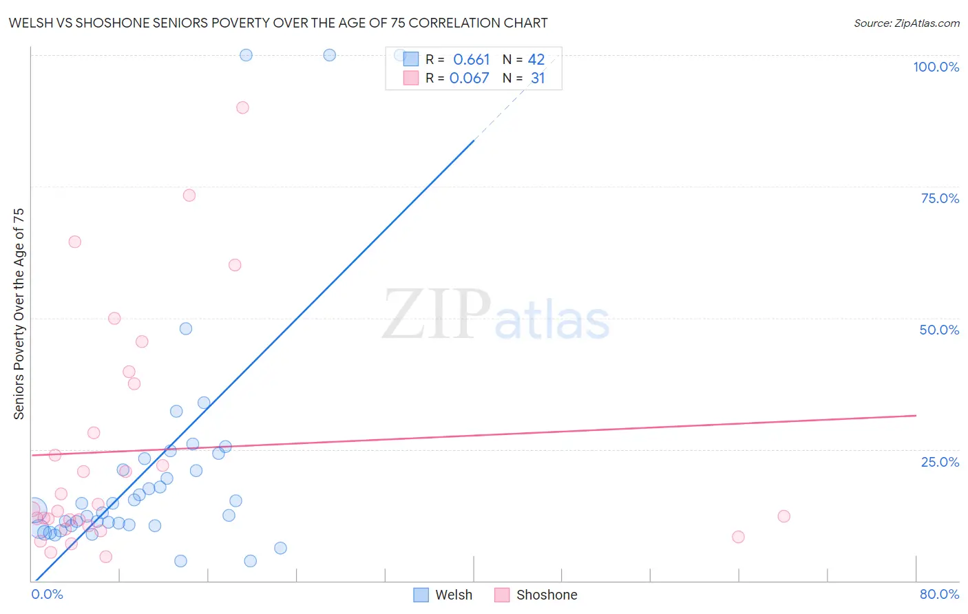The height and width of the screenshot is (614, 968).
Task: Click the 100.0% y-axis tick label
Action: [936, 67]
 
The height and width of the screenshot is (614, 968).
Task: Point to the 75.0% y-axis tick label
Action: [940, 198]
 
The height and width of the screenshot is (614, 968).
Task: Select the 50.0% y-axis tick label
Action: [939, 330]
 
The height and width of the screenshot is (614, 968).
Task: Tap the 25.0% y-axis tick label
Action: [940, 462]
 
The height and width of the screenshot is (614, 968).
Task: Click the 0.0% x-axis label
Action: [47, 594]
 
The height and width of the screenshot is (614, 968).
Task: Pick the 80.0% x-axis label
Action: [939, 594]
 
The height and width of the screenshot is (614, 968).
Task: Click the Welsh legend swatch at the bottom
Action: [421, 595]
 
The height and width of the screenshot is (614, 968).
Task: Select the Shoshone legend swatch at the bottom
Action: [502, 595]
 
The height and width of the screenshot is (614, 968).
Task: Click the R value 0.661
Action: [471, 60]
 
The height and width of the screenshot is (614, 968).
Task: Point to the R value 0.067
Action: [469, 78]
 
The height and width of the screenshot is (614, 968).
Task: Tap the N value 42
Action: [536, 60]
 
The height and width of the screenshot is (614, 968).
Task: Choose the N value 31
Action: [538, 78]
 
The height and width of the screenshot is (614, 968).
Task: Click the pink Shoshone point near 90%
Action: [242, 107]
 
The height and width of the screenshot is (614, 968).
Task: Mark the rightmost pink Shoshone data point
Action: [783, 516]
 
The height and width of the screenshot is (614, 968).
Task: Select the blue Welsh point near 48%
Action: [186, 328]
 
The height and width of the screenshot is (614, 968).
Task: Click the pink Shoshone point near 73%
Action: [189, 195]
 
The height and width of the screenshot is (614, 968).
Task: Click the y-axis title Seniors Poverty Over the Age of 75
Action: [19, 314]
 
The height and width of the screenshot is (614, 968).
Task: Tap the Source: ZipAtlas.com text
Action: [906, 23]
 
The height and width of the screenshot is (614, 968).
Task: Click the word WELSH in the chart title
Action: [30, 23]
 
